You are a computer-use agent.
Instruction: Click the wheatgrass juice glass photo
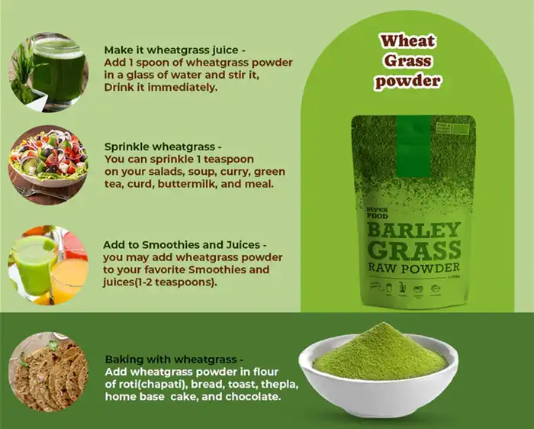48,72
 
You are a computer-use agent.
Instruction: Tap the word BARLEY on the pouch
413,230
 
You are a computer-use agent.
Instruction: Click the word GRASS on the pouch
413,250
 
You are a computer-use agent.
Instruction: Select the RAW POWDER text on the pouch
413,268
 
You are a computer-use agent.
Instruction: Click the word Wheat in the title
408,41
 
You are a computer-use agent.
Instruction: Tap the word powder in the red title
408,81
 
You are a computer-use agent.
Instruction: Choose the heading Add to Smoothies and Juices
184,245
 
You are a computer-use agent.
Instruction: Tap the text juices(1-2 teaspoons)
159,282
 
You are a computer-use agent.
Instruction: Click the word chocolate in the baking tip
254,397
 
